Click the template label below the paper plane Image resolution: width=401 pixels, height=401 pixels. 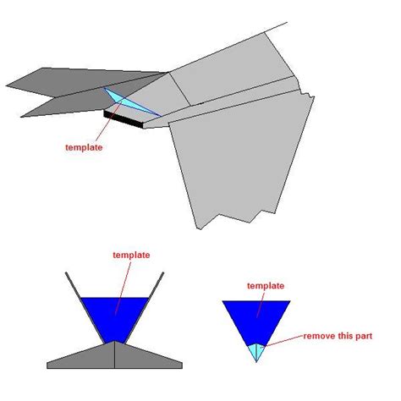coord(84,148)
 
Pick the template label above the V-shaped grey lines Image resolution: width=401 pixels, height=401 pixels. coord(131,255)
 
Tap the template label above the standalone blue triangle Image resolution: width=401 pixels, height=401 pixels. coord(266,286)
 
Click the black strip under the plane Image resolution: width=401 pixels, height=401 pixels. coord(124,119)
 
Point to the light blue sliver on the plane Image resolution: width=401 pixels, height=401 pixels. coord(129,102)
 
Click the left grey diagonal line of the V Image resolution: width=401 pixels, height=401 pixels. coord(85,308)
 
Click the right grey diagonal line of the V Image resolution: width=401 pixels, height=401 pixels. coord(144,308)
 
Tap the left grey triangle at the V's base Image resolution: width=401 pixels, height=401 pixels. coord(85,357)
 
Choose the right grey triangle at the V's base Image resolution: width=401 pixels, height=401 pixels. coord(146,357)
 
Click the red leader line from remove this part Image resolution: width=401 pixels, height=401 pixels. coord(283,341)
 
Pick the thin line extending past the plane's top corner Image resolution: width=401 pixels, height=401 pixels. coord(277,27)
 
